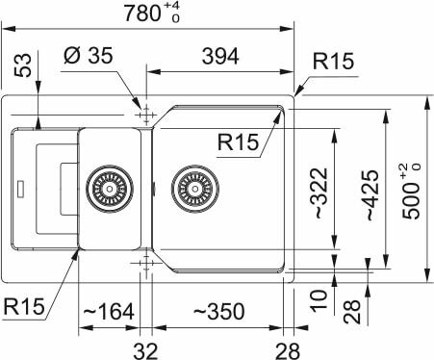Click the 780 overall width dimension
[152, 13]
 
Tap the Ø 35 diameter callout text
[89, 55]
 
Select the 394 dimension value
[220, 57]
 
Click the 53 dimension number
[24, 65]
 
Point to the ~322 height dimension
[321, 193]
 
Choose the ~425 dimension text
[372, 195]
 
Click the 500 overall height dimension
[412, 192]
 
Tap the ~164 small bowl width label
[109, 311]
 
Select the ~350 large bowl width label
[219, 311]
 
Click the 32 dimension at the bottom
[145, 351]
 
